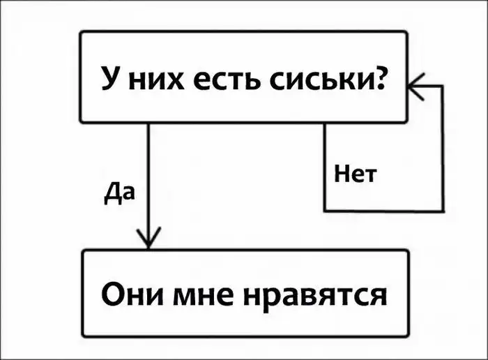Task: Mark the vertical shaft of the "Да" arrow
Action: point(148,174)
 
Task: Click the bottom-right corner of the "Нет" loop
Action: point(442,210)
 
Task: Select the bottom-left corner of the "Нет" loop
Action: point(326,210)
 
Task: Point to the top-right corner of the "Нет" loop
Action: point(442,87)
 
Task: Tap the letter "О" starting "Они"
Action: point(113,294)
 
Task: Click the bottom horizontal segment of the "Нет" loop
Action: point(383,210)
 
